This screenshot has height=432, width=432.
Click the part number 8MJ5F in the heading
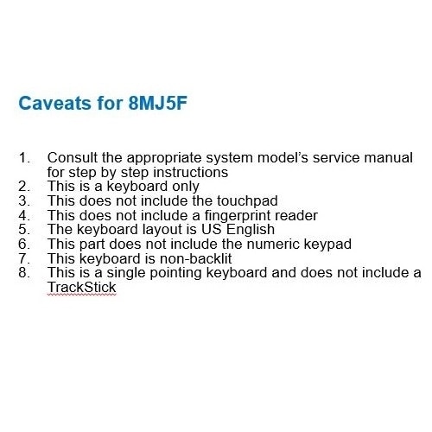point(157,103)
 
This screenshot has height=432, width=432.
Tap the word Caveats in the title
point(54,103)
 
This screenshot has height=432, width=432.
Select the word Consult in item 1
point(73,157)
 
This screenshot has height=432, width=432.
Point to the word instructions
point(191,172)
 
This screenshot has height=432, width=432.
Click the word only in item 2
point(186,187)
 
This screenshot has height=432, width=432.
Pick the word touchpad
point(247,200)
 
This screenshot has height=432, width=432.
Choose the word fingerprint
point(238,215)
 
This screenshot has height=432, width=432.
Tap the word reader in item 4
point(296,215)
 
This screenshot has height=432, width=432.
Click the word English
point(251,230)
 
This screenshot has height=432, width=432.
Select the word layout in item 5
point(162,230)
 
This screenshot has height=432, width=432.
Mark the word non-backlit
point(195,258)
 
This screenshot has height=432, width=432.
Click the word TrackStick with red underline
point(81,287)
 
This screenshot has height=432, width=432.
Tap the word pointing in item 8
point(175,273)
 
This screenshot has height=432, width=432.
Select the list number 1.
point(24,157)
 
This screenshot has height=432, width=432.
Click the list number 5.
point(24,230)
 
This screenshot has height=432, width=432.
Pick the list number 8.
point(24,273)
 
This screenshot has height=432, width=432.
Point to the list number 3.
point(24,200)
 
